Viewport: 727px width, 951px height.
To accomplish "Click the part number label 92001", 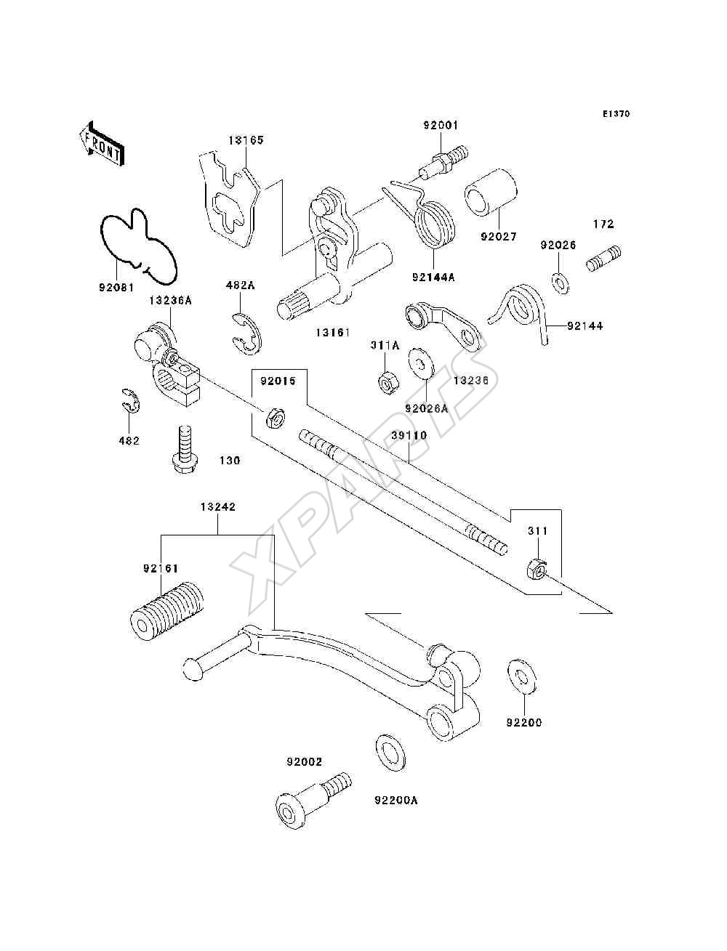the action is point(441,125).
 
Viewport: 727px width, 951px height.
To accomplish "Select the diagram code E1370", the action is point(616,114).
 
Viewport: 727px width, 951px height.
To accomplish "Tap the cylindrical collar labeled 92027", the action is point(491,193).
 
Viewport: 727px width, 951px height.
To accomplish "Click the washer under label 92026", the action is point(561,283).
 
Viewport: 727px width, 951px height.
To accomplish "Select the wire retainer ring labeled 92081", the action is point(139,247).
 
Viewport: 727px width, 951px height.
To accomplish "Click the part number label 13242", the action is point(217,507).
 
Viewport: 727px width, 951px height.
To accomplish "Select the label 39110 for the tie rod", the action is point(409,435).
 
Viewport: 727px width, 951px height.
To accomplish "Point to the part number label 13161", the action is point(332,333).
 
